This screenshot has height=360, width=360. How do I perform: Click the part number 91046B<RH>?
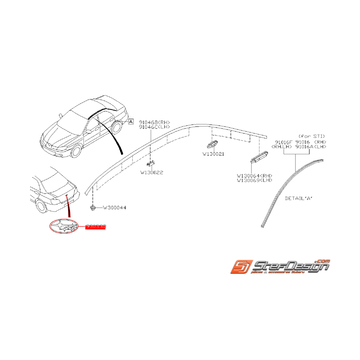(154, 123)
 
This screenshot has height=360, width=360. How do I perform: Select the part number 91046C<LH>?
(154, 127)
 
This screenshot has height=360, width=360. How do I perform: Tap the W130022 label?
(151, 172)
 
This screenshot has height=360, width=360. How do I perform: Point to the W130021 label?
(213, 154)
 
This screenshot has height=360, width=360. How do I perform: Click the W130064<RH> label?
(254, 176)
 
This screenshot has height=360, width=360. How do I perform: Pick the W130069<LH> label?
(254, 180)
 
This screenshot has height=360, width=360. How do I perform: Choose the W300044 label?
(114, 208)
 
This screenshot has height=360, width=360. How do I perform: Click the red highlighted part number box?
(96, 227)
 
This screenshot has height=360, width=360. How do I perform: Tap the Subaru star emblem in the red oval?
(63, 226)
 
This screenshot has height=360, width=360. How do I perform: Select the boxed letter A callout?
(131, 121)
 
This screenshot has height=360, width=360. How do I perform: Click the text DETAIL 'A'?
(298, 198)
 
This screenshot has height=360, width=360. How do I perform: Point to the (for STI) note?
(312, 136)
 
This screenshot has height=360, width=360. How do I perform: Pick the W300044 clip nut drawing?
(93, 208)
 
